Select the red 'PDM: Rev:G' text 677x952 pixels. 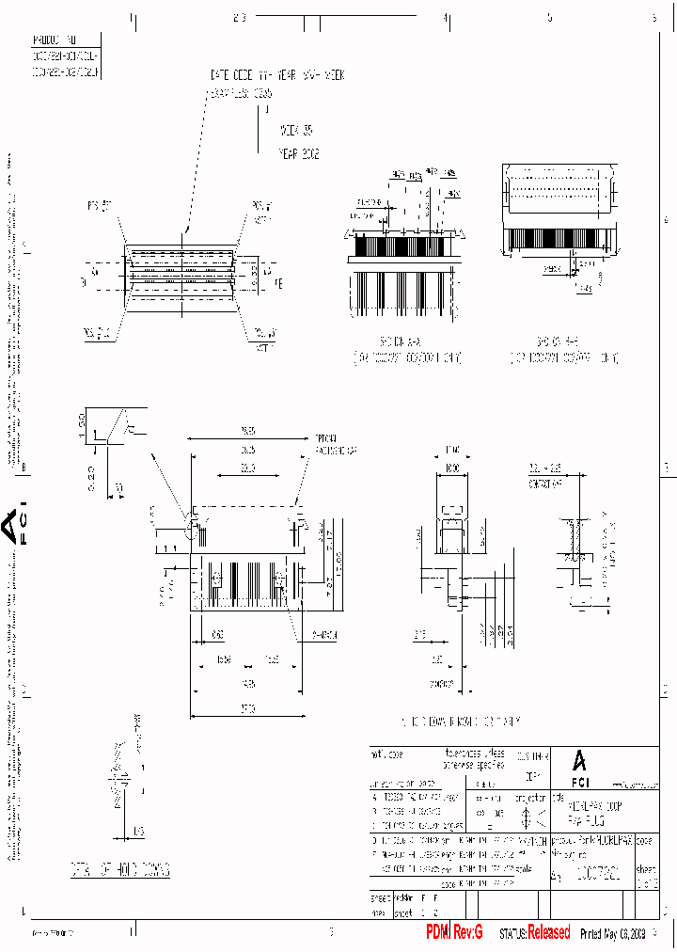pyautogui.click(x=454, y=931)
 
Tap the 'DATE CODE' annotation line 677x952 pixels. pyautogui.click(x=277, y=74)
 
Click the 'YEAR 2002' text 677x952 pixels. pyautogui.click(x=299, y=153)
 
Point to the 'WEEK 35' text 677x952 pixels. pyautogui.click(x=295, y=132)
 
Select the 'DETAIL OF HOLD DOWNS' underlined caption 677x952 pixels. pyautogui.click(x=120, y=870)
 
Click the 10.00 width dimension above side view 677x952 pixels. pyautogui.click(x=454, y=468)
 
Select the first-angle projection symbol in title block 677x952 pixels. pyautogui.click(x=525, y=817)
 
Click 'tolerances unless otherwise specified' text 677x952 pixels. pyautogui.click(x=474, y=759)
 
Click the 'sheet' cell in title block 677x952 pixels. pyautogui.click(x=647, y=871)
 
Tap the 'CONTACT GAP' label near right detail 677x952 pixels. pyautogui.click(x=544, y=481)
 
